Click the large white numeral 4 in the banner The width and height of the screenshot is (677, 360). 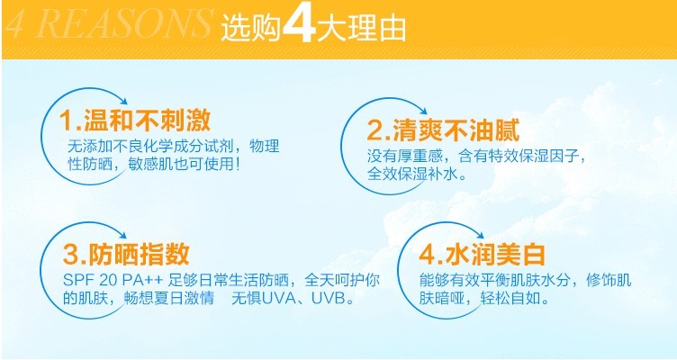[299, 24]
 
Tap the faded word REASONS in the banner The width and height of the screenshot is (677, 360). [125, 24]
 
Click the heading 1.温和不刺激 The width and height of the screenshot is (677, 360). [135, 120]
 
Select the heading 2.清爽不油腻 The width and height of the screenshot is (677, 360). [443, 130]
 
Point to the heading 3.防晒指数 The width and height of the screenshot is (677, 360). [126, 254]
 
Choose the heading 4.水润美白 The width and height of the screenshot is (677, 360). [482, 254]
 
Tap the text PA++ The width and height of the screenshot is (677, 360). [142, 280]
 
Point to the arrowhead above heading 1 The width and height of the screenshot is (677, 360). [123, 102]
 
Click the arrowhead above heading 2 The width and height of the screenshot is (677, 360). [423, 111]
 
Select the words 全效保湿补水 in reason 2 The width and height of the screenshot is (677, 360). [412, 174]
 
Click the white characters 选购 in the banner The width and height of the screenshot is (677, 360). [251, 28]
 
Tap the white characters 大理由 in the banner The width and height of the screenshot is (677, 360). [362, 28]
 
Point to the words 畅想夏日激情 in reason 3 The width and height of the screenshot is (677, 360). [169, 298]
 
